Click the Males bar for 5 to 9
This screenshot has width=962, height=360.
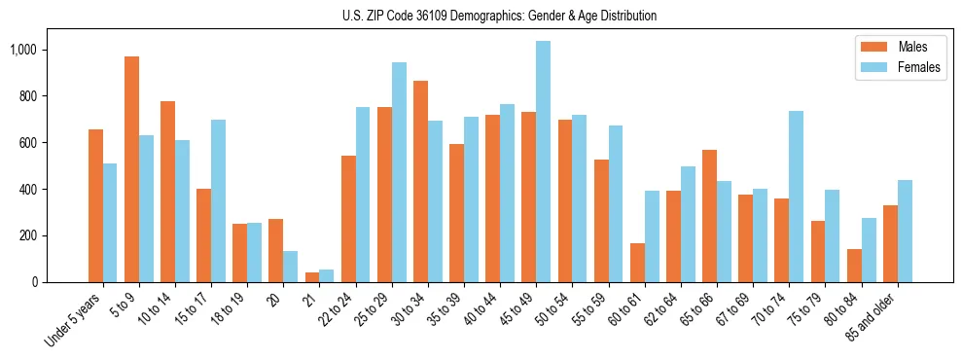131,169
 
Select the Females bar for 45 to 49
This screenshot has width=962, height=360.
543,162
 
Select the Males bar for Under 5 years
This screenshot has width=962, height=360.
95,205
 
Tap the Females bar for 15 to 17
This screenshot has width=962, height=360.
218,200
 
